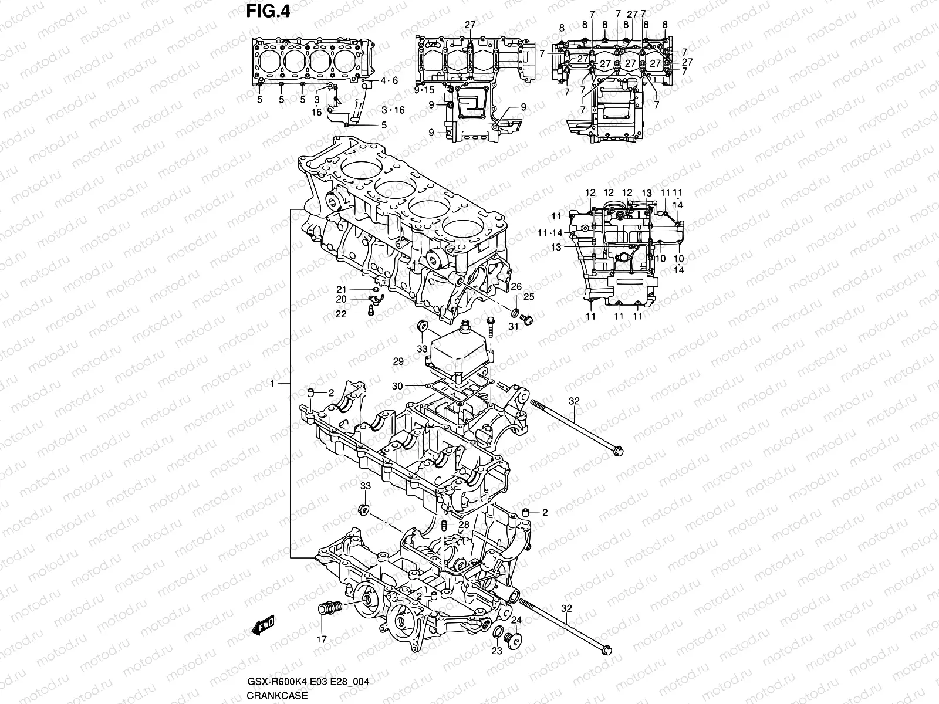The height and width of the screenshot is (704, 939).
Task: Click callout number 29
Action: coord(398,362)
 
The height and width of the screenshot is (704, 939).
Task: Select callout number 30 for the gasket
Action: coord(397,385)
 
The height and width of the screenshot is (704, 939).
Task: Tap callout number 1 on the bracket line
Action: coord(272,383)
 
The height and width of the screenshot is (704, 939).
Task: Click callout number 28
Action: coord(464,524)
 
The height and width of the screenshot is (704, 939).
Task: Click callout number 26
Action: coord(516,286)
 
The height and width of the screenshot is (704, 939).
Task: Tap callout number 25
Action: coord(529,297)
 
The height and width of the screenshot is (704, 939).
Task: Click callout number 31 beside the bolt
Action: coord(514,327)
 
